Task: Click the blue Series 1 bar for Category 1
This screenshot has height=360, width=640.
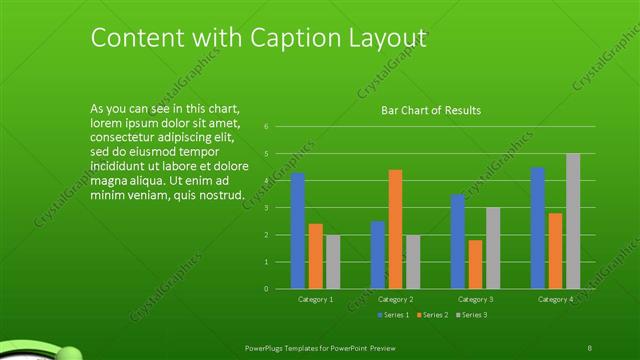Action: (x=298, y=231)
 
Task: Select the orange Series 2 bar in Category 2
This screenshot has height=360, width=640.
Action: (x=395, y=229)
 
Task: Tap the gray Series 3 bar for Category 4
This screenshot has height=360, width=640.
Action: (x=573, y=221)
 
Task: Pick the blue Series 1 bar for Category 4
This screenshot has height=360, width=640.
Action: (x=538, y=228)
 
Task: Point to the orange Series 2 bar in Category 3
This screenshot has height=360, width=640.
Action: (x=475, y=264)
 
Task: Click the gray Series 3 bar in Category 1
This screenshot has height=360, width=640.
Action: (x=333, y=262)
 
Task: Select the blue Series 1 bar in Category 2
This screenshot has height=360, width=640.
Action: (x=377, y=255)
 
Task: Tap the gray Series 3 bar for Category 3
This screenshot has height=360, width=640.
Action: (x=493, y=248)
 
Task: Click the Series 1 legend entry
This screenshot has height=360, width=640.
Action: (x=393, y=315)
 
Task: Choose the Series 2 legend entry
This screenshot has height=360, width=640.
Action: (x=432, y=315)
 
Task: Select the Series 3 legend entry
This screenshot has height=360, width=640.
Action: (x=471, y=315)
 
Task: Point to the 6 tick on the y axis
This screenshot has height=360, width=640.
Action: (x=266, y=127)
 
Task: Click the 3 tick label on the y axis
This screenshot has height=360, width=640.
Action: (x=266, y=208)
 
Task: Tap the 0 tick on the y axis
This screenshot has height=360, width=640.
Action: (x=266, y=289)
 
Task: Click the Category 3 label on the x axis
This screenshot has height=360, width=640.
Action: (x=475, y=300)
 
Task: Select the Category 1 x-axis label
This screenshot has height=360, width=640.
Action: (x=316, y=300)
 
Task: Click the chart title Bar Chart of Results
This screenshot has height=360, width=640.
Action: (x=431, y=110)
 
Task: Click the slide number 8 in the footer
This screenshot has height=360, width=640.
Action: (x=590, y=346)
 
